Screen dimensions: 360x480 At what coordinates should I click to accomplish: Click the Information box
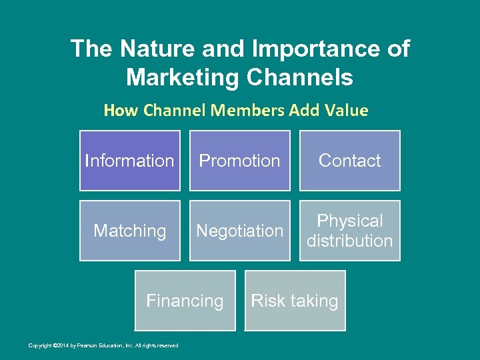pos(129,161)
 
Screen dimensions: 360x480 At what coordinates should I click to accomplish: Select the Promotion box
pos(239,161)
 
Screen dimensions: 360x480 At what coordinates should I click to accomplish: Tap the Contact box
pos(349,161)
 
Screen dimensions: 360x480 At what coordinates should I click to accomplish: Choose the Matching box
pos(129,231)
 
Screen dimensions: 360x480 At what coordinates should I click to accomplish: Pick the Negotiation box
pos(239,231)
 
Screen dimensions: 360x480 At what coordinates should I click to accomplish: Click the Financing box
pos(185,301)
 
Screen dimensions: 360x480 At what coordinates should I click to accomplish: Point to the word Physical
pos(349,221)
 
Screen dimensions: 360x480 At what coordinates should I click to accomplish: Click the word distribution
pos(349,241)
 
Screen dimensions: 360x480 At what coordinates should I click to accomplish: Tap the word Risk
pos(268,301)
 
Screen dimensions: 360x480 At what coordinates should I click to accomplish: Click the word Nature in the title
pos(152,49)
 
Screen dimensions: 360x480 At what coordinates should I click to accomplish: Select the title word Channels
pos(299,77)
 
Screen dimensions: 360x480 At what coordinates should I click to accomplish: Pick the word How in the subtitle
pos(118,111)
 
